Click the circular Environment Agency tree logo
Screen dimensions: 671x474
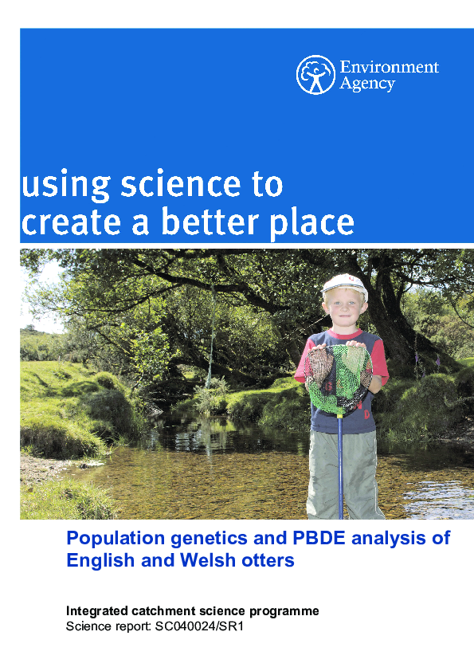coord(315,74)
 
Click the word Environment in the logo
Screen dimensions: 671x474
coord(389,67)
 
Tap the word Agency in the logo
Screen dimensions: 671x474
coord(367,84)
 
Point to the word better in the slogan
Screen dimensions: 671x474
coord(210,222)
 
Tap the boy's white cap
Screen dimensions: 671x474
coord(344,284)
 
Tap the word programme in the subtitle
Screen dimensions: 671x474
coord(284,611)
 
